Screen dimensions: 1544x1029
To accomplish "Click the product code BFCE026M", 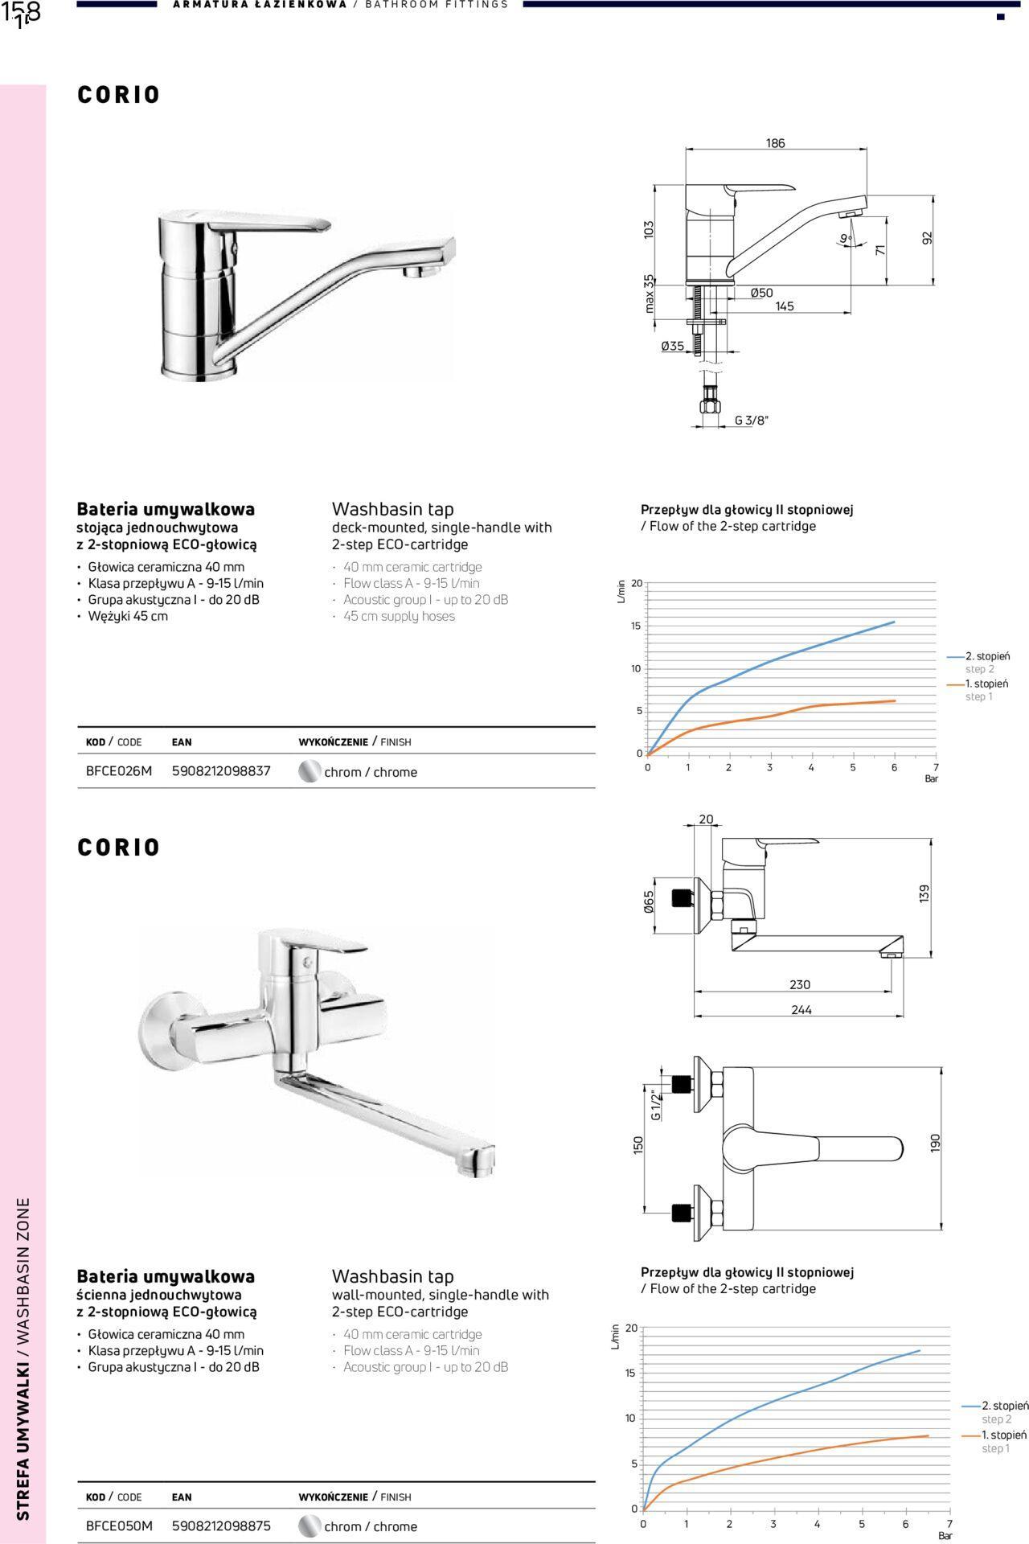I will [x=118, y=771].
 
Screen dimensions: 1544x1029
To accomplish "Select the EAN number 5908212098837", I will [x=221, y=771].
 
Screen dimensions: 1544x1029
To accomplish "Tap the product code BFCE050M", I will [x=118, y=1526].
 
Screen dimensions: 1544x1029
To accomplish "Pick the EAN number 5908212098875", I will [x=221, y=1526].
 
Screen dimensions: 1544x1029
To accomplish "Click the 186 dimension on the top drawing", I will [x=775, y=143].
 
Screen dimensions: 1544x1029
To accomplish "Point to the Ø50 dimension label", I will [x=761, y=293].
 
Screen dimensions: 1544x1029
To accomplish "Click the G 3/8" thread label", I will [x=752, y=420].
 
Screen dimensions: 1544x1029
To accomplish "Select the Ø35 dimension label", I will [x=672, y=346].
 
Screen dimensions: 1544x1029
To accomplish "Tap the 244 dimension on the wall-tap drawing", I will [x=801, y=1010].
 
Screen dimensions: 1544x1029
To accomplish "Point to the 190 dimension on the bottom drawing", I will [x=935, y=1143].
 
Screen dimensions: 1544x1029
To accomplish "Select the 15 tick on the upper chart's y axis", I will [x=636, y=626].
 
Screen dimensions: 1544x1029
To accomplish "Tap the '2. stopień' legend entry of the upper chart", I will [x=987, y=656].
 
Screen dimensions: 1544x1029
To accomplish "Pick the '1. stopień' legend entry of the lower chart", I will [x=1003, y=1435].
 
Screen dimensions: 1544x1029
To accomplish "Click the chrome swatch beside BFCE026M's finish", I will [x=310, y=772].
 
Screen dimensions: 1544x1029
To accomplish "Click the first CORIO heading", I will [x=119, y=95].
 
